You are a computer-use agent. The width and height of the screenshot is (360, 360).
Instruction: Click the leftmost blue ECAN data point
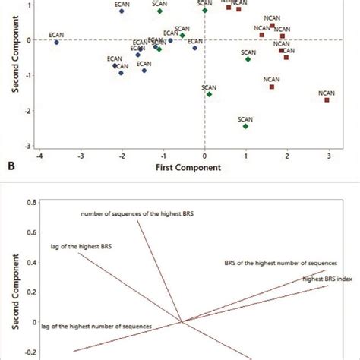pos(56,43)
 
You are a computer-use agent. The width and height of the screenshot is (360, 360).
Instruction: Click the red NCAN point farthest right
pos(327,100)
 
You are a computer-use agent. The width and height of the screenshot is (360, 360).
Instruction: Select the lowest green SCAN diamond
pos(246,126)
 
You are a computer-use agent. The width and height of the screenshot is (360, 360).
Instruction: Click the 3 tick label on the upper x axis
pos(328,156)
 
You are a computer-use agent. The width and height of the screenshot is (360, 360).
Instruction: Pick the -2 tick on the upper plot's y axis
pos(28,111)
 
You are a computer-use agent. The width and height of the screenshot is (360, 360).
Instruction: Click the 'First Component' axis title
pos(183,166)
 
